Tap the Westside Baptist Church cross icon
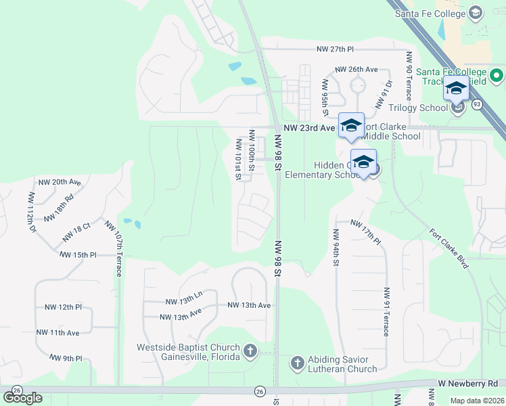coord(250,351)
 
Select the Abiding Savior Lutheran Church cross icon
coord(297,363)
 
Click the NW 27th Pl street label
coord(335,49)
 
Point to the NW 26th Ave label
coord(356,70)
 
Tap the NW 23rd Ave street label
coord(309,127)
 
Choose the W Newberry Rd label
coord(467,383)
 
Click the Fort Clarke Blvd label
coord(449,248)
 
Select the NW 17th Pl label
coord(367,231)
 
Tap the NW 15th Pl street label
coord(78,255)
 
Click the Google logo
coord(22,398)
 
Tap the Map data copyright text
coord(478,401)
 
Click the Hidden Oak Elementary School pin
coord(363,162)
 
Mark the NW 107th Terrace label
coord(113,247)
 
